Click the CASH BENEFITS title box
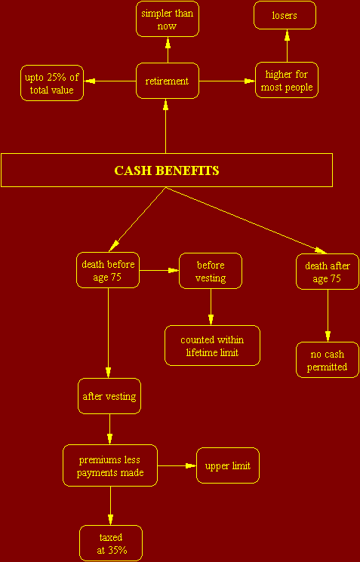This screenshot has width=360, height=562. (x=166, y=170)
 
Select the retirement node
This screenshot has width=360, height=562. (x=167, y=81)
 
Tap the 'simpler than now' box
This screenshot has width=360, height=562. (x=167, y=19)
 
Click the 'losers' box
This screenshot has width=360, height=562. (x=285, y=15)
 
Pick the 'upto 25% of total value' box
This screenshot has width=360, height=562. (x=52, y=83)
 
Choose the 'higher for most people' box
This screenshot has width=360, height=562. (x=287, y=80)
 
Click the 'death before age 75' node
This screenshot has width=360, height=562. (x=108, y=270)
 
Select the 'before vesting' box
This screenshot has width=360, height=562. (x=211, y=271)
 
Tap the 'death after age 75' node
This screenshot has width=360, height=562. (x=328, y=272)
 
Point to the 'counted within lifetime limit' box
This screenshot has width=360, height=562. (x=212, y=345)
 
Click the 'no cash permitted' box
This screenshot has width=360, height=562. (x=328, y=360)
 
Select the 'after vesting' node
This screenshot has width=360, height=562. (x=109, y=396)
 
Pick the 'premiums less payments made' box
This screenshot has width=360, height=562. (x=110, y=465)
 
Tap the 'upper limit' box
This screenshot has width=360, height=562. (x=228, y=465)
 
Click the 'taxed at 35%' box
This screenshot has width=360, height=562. (x=111, y=543)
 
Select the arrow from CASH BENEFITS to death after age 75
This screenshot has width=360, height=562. (x=246, y=220)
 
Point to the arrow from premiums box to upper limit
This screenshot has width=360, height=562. (x=177, y=465)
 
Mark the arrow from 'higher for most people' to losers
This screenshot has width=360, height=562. (x=287, y=45)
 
